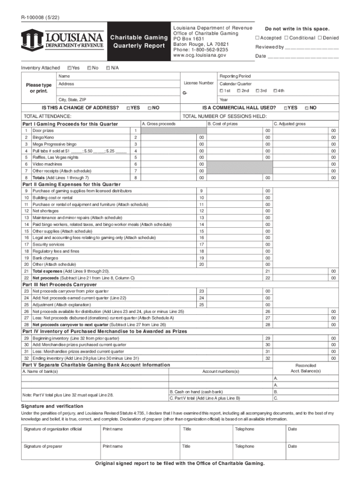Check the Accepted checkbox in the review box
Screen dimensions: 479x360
click(257, 38)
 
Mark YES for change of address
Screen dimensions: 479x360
click(128, 108)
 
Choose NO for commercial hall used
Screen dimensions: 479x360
click(306, 108)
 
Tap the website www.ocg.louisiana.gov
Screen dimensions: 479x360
click(200, 55)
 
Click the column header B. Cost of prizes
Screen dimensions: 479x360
click(223, 123)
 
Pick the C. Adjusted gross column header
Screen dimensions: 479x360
click(289, 123)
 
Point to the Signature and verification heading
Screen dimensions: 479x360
click(52, 406)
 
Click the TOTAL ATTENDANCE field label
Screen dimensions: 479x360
click(47, 116)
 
